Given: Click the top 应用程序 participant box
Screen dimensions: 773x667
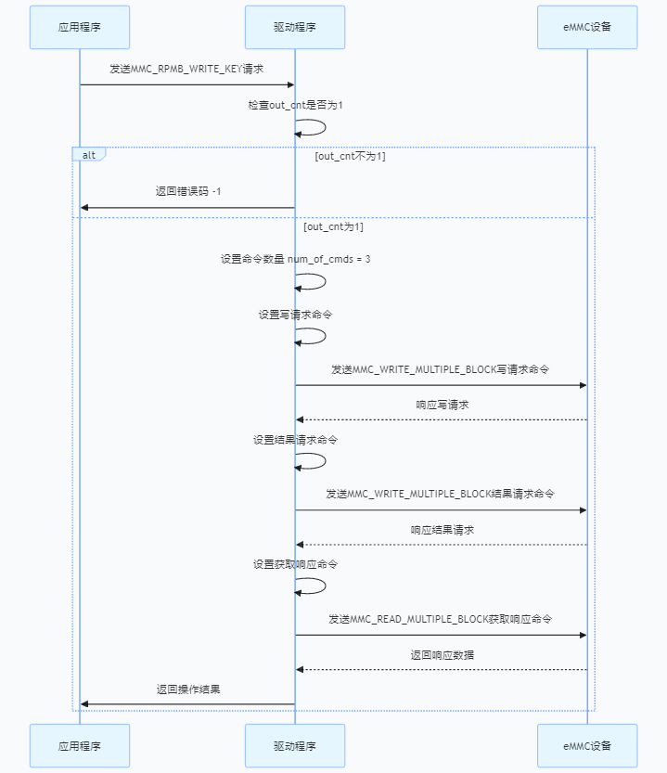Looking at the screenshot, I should pos(79,27).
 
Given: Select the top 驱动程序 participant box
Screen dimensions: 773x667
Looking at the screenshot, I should pos(295,27).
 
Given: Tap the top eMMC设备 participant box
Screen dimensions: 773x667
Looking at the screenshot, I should pos(587,27).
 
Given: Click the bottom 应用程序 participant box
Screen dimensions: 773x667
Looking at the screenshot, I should pos(79,746).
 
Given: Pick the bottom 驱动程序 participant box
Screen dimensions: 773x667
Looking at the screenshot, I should pos(295,746).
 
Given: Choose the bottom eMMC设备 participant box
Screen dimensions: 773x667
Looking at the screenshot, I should pos(587,746).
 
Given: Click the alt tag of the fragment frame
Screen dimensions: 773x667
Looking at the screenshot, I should pos(89,154).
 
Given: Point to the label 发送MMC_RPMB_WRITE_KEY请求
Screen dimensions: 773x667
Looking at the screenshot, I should pos(186,69).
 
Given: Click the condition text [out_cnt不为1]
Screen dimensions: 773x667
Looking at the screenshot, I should pos(350,156).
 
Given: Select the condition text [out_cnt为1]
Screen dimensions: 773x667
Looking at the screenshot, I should pos(333,226).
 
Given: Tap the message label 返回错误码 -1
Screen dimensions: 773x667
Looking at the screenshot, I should pos(187,191).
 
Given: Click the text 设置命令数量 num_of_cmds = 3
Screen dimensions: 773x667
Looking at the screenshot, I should pos(295,259).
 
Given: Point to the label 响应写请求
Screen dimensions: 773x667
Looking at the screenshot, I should pos(442,405).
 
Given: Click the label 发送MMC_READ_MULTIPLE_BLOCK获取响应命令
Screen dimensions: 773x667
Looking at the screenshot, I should pos(441,618).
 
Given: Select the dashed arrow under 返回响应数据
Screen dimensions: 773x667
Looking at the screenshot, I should pos(441,669).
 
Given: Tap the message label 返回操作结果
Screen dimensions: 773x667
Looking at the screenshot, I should pos(187,689).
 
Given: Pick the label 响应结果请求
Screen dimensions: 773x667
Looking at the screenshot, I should pos(442,530).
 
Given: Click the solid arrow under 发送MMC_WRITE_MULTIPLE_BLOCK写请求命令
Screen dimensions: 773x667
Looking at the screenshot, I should pos(441,385).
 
